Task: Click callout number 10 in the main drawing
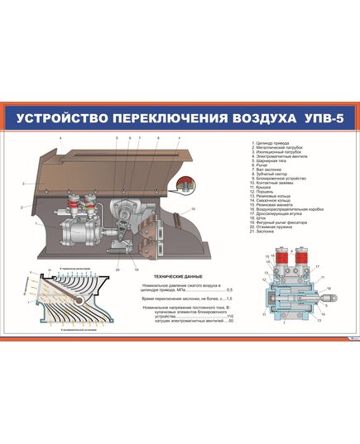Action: pyautogui.click(x=193, y=209)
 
